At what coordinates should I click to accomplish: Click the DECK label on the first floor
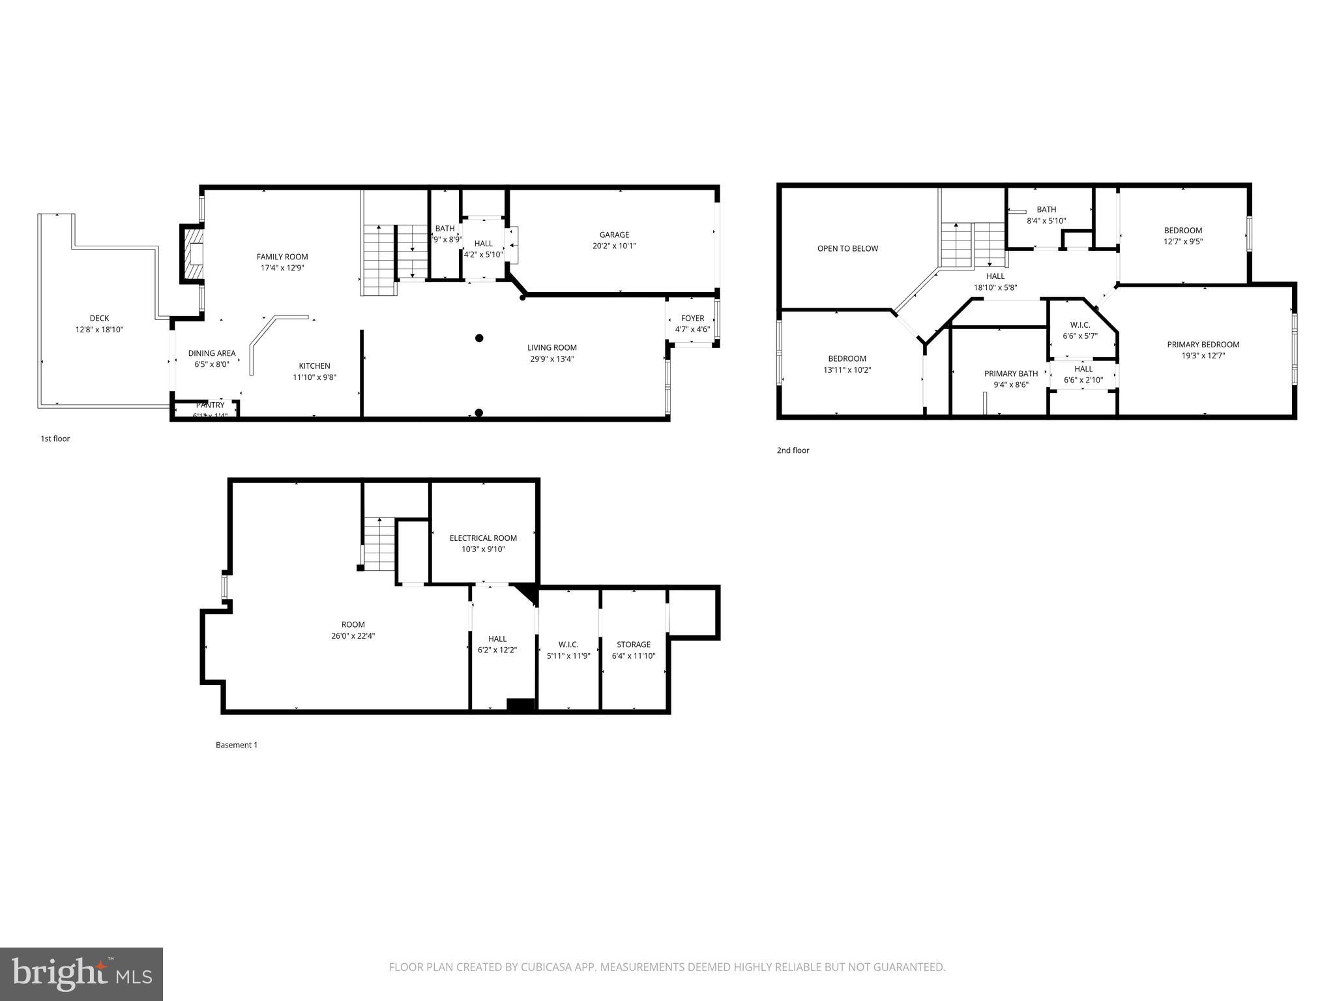pyautogui.click(x=99, y=318)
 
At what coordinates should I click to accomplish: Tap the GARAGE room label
pyautogui.click(x=614, y=235)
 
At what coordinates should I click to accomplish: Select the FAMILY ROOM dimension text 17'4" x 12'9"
pyautogui.click(x=282, y=267)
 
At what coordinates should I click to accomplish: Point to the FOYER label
pyautogui.click(x=692, y=318)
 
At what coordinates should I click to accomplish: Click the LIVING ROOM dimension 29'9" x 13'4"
pyautogui.click(x=551, y=358)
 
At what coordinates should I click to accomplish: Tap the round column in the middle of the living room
pyautogui.click(x=479, y=338)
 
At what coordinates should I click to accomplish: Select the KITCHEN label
pyautogui.click(x=314, y=366)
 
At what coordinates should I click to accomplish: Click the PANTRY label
pyautogui.click(x=210, y=405)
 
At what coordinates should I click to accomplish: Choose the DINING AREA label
pyautogui.click(x=212, y=353)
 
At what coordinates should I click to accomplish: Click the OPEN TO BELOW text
pyautogui.click(x=847, y=248)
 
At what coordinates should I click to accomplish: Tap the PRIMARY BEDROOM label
pyautogui.click(x=1203, y=344)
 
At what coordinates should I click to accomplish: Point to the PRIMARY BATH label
pyautogui.click(x=1010, y=373)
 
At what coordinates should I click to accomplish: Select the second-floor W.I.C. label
pyautogui.click(x=1079, y=325)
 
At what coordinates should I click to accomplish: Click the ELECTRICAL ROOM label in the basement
pyautogui.click(x=483, y=538)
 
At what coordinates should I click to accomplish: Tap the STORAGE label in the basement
pyautogui.click(x=634, y=645)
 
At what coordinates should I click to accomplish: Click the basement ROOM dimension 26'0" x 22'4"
pyautogui.click(x=353, y=635)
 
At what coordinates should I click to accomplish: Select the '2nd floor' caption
pyautogui.click(x=793, y=450)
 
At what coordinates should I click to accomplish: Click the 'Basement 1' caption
pyautogui.click(x=237, y=745)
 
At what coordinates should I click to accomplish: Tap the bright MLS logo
pyautogui.click(x=81, y=974)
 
